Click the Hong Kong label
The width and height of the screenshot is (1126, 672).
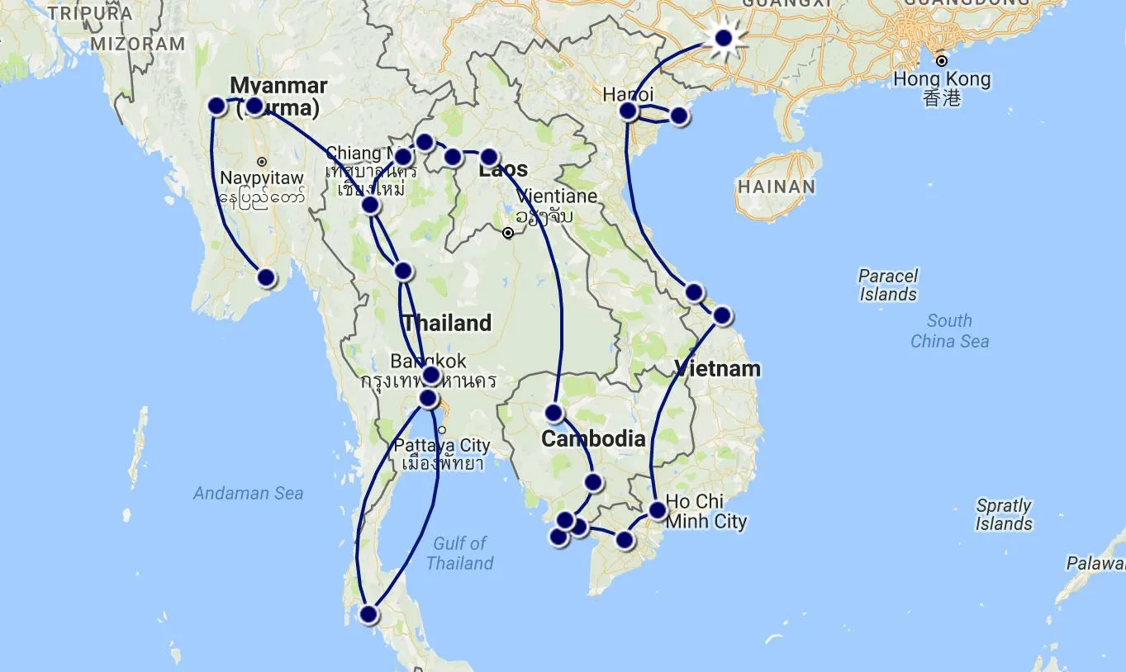pyautogui.click(x=942, y=80)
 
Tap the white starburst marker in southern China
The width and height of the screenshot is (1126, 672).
pyautogui.click(x=724, y=38)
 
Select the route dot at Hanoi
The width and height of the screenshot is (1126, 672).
pyautogui.click(x=629, y=111)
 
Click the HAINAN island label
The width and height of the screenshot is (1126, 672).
pyautogui.click(x=776, y=187)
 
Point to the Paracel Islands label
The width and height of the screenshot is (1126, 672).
pyautogui.click(x=888, y=285)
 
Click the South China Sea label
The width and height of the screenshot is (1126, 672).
pyautogui.click(x=949, y=331)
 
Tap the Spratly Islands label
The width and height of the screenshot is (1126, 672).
pyautogui.click(x=1004, y=514)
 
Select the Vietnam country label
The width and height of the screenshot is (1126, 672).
pyautogui.click(x=717, y=368)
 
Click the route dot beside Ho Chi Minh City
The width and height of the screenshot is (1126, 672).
pyautogui.click(x=657, y=510)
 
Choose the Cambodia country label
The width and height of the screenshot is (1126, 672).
pyautogui.click(x=593, y=438)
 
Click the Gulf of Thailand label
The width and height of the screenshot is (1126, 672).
pyautogui.click(x=459, y=553)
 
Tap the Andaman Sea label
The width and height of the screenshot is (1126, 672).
pyautogui.click(x=248, y=493)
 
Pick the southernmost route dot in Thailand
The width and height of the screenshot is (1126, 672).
pyautogui.click(x=368, y=614)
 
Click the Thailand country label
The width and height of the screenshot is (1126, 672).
pyautogui.click(x=447, y=323)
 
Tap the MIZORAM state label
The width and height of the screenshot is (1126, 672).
pyautogui.click(x=137, y=44)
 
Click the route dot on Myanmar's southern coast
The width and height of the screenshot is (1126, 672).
pyautogui.click(x=266, y=278)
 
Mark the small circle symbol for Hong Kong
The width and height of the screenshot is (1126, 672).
pyautogui.click(x=941, y=61)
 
